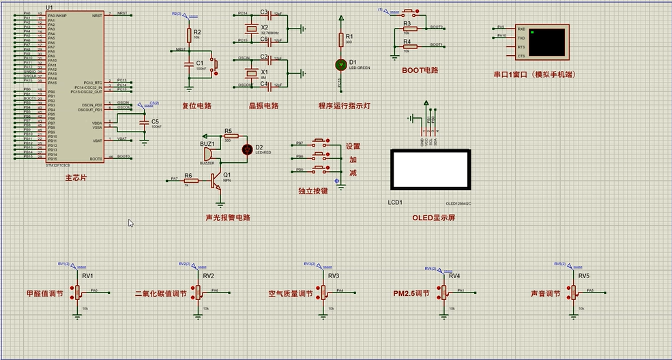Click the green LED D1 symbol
click(340, 64)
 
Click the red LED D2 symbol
click(248, 148)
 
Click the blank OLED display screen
click(429, 170)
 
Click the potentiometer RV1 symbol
click(77, 292)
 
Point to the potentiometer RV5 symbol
click(574, 292)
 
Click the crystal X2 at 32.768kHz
click(252, 28)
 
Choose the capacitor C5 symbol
click(143, 123)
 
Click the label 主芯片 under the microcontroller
click(76, 178)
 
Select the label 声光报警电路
click(228, 217)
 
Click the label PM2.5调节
click(411, 293)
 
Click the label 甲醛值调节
click(44, 293)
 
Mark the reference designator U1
click(49, 7)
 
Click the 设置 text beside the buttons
click(353, 146)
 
